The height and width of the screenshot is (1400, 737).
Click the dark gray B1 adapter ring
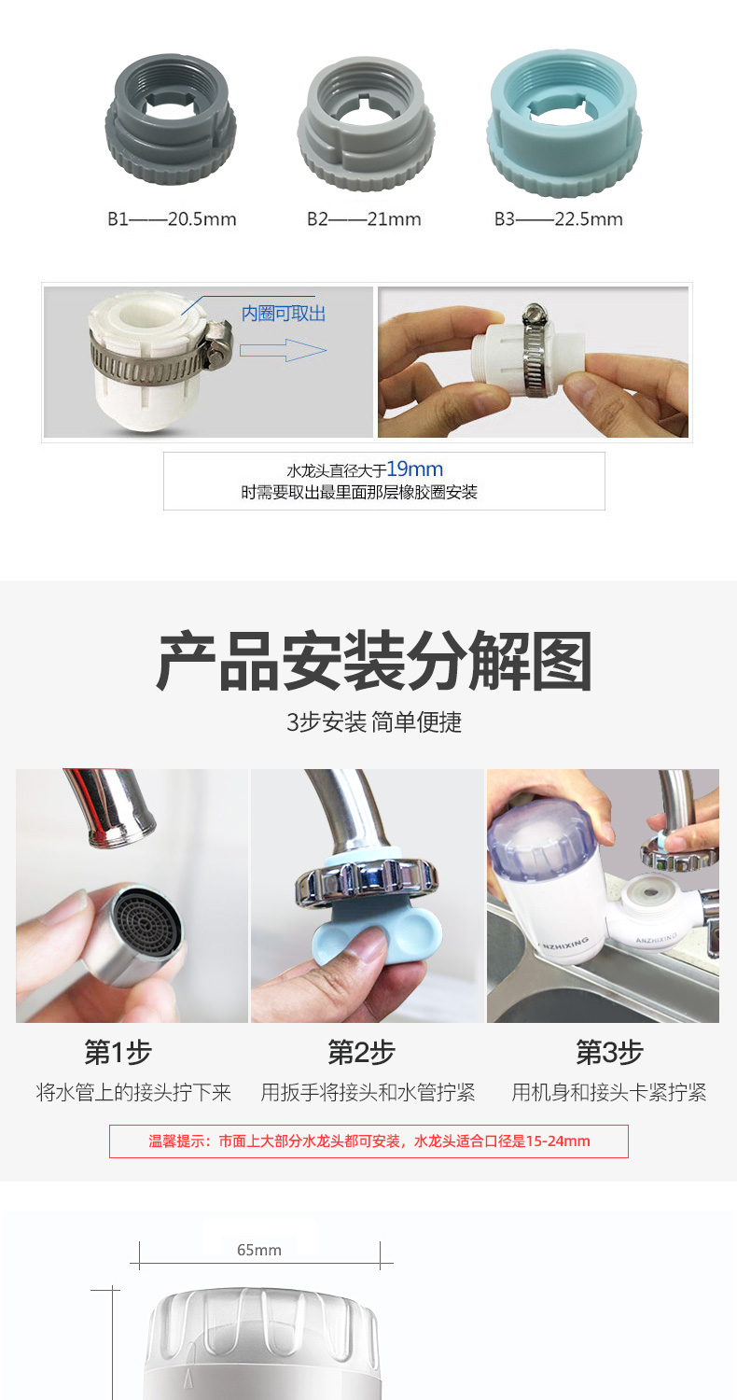pyautogui.click(x=171, y=119)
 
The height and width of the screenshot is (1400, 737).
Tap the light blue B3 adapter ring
pyautogui.click(x=564, y=123)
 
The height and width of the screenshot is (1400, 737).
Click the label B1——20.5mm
pyautogui.click(x=172, y=219)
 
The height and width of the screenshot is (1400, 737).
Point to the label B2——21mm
pyautogui.click(x=364, y=219)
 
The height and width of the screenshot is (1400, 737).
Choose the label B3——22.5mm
pyautogui.click(x=559, y=219)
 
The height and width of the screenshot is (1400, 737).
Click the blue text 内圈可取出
pyautogui.click(x=284, y=313)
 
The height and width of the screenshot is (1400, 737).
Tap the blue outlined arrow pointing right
pyautogui.click(x=283, y=350)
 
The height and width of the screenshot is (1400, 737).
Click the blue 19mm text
pyautogui.click(x=415, y=469)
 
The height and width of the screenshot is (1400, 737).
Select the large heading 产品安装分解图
pyautogui.click(x=373, y=661)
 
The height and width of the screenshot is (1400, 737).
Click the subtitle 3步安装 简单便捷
pyautogui.click(x=374, y=722)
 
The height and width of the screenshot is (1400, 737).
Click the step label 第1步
pyautogui.click(x=118, y=1052)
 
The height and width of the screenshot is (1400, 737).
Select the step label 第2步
pyautogui.click(x=362, y=1052)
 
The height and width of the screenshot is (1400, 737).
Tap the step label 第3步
pyautogui.click(x=609, y=1052)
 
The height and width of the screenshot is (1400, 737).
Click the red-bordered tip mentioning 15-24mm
pyautogui.click(x=369, y=1141)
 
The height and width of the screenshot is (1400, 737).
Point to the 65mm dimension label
pyautogui.click(x=259, y=1250)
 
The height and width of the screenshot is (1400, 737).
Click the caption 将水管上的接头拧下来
pyautogui.click(x=133, y=1093)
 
